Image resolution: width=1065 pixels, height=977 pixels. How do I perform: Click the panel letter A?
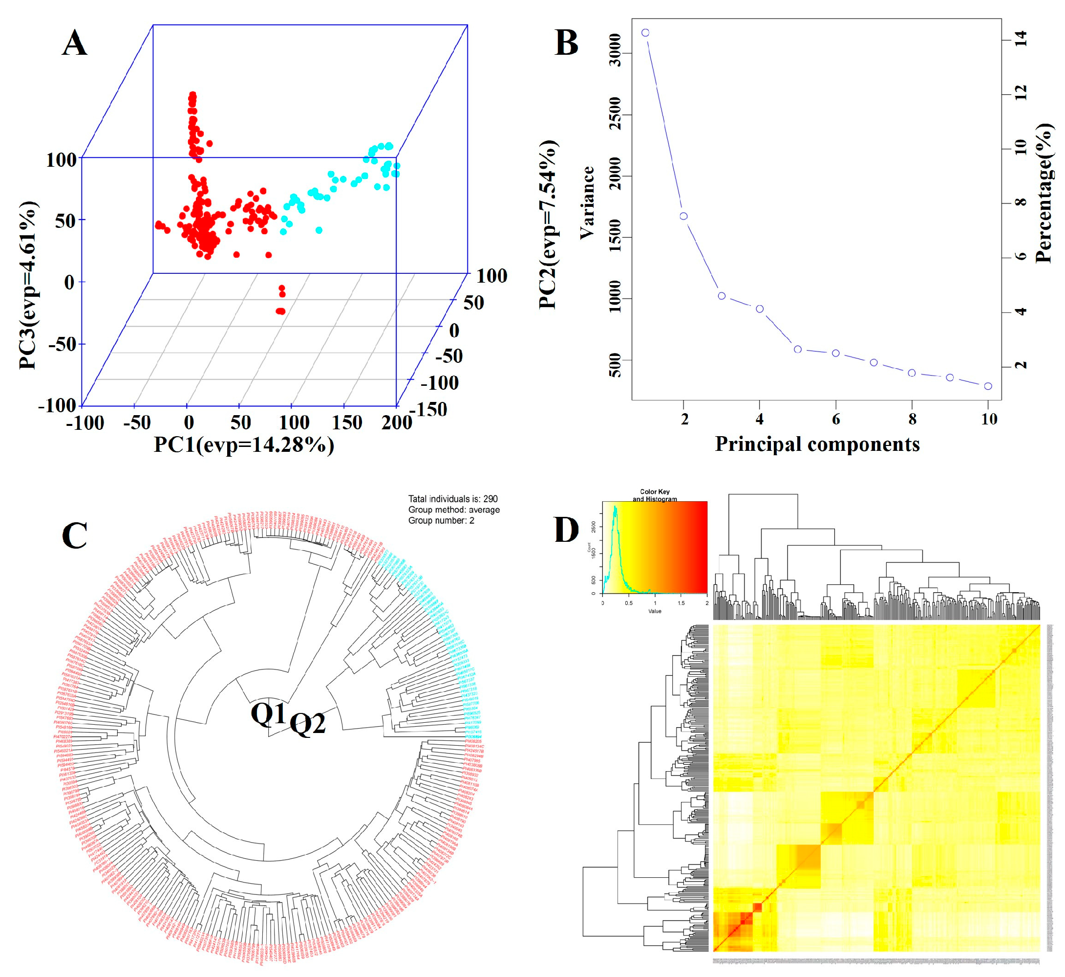[74, 43]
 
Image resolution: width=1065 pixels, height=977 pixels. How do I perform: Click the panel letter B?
[566, 43]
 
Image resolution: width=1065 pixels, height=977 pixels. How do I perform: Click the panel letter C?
[74, 536]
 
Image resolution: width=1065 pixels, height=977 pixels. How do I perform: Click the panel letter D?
[566, 530]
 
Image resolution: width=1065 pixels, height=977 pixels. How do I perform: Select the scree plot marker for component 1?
[645, 33]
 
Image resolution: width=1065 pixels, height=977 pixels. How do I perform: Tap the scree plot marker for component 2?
[683, 216]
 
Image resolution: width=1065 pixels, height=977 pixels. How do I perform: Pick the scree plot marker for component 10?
[988, 386]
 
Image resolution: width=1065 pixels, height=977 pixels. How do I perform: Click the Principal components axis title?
[817, 444]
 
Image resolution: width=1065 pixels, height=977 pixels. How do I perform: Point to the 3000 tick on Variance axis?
[616, 51]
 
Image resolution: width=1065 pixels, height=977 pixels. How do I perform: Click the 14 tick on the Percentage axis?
[1021, 39]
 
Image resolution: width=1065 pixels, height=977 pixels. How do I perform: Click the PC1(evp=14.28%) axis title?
[244, 445]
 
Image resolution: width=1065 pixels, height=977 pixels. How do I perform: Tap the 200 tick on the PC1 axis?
[397, 422]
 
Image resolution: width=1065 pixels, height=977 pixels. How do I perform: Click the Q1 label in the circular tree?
[268, 714]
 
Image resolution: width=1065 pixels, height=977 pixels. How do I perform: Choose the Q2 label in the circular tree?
[307, 723]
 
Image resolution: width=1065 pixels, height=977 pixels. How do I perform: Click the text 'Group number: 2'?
[441, 521]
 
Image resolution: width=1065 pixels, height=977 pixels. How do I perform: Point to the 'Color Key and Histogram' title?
[655, 495]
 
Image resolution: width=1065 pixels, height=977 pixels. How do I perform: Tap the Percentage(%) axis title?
[1044, 193]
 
